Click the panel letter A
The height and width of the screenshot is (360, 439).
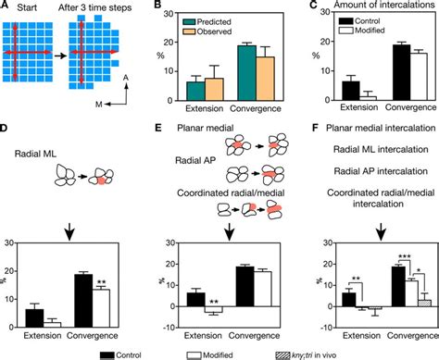7,7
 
